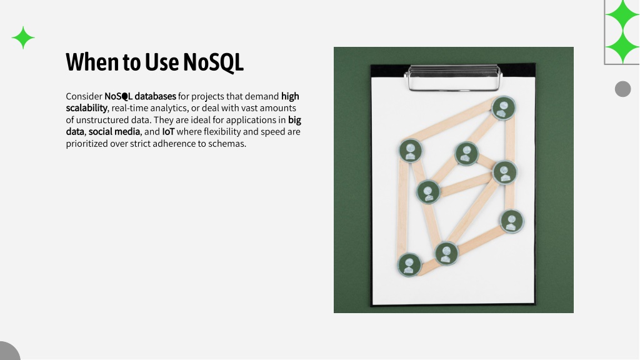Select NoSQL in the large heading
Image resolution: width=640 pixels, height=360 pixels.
tap(213, 62)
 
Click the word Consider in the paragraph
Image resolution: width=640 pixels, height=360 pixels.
tap(84, 96)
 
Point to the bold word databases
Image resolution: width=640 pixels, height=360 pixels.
tap(155, 96)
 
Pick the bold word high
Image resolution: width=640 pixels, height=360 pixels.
tap(290, 96)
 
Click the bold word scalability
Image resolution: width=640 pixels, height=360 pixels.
tap(86, 108)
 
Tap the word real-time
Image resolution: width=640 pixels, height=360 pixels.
tap(129, 108)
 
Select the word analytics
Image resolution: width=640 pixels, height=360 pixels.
tap(169, 109)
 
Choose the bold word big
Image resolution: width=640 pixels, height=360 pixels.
tap(295, 121)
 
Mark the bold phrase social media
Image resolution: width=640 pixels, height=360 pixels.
tap(114, 132)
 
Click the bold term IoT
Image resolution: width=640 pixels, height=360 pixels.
tap(168, 132)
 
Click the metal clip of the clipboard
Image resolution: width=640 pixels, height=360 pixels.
tap(452, 77)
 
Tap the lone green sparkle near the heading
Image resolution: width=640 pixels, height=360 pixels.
tap(23, 37)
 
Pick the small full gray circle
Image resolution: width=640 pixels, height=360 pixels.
tap(623, 89)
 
